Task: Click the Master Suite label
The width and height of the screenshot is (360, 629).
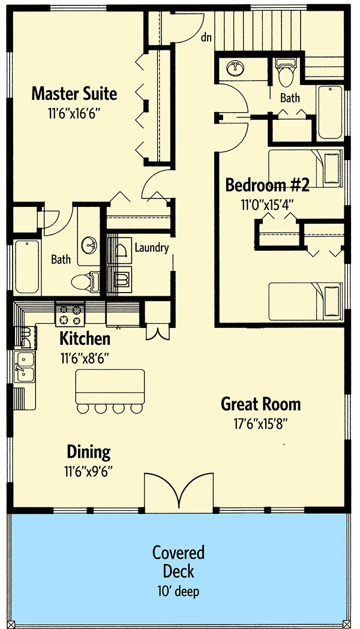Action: point(74,94)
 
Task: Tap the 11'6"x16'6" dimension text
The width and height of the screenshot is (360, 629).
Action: point(73,113)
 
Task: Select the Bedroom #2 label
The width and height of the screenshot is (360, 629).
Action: point(267,185)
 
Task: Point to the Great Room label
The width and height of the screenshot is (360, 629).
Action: point(260,404)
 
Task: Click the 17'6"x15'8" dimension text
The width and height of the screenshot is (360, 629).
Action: point(261,423)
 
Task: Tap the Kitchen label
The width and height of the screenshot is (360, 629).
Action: point(85,339)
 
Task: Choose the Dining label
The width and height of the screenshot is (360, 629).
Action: point(88,452)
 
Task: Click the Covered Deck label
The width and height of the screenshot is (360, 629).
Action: point(179,562)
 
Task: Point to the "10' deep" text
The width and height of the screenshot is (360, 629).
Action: point(178,591)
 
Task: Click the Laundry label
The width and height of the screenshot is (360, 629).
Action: point(151,248)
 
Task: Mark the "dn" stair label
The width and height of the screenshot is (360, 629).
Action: point(206,38)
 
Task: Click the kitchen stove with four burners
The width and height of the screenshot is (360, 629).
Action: point(70,314)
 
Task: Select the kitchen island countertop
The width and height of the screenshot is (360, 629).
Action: point(110,387)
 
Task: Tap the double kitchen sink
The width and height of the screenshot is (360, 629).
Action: point(25,367)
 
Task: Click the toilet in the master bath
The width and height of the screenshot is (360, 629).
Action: point(85,281)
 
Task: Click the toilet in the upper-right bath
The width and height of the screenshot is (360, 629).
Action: point(286,73)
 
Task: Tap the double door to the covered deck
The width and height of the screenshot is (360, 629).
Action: point(179,493)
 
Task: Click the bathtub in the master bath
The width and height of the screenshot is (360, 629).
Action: point(27,266)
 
